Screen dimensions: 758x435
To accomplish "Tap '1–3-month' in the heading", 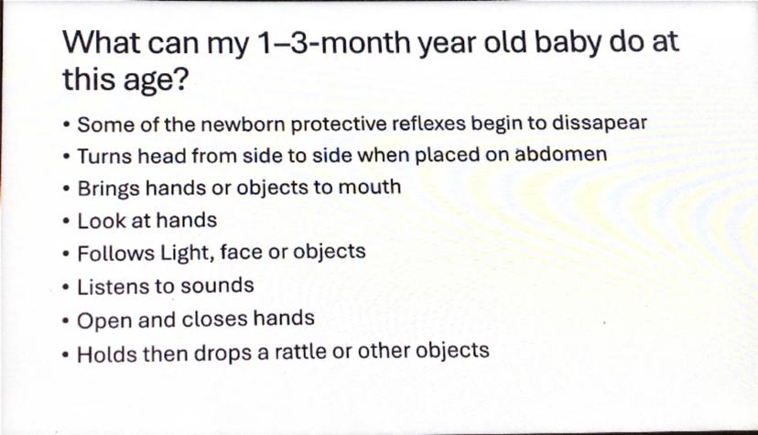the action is click(x=334, y=42).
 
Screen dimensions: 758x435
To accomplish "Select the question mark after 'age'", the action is click(x=179, y=79).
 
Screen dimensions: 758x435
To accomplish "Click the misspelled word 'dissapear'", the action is click(x=600, y=123).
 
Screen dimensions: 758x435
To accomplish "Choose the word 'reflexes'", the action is click(x=428, y=124).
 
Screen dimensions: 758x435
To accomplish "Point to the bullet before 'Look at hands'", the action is click(x=66, y=222).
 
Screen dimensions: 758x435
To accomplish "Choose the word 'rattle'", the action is click(x=300, y=352).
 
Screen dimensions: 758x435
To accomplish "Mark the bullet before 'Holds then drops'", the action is click(x=66, y=354).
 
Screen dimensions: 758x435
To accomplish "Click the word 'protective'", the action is click(x=339, y=124).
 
